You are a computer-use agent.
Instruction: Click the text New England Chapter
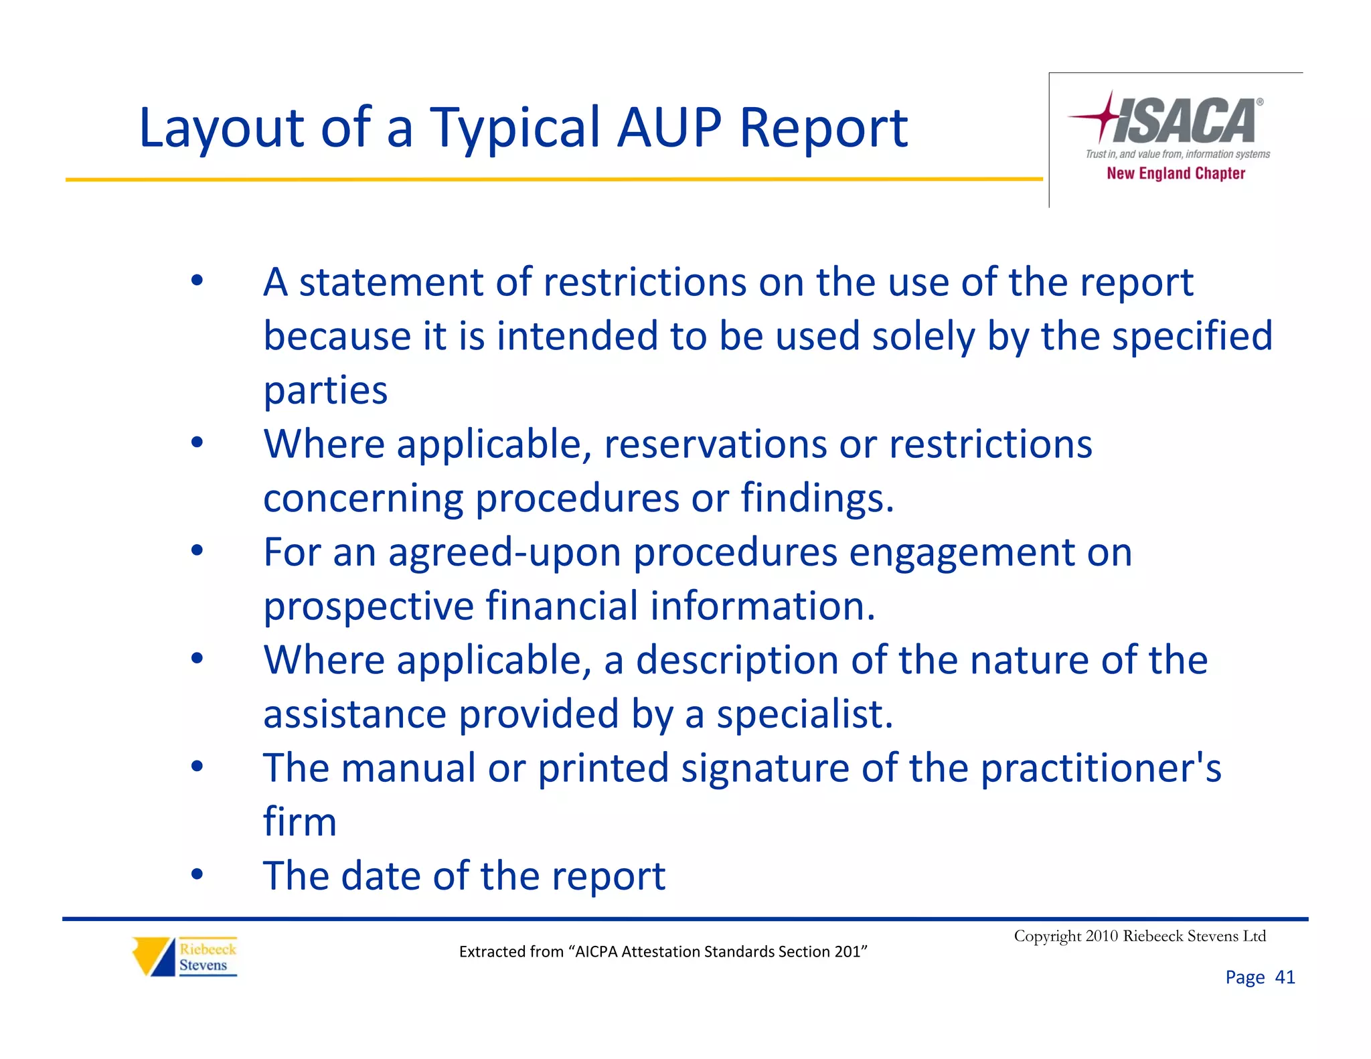pos(1176,173)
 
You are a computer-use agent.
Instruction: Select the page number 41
pos(1285,977)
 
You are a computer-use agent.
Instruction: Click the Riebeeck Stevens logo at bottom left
pos(185,957)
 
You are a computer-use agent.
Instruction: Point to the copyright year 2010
pos(1101,936)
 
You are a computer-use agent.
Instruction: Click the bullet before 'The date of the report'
pos(196,874)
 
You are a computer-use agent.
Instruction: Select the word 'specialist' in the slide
pos(803,714)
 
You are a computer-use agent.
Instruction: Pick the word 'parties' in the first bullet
pos(325,391)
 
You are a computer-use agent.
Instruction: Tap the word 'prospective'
pos(369,606)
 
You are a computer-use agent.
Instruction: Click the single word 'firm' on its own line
pos(299,821)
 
